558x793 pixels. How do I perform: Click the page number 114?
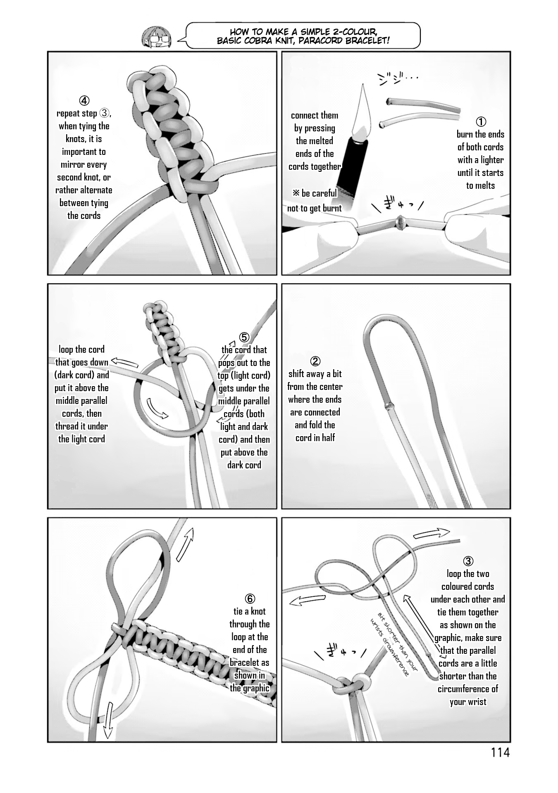pos(500,753)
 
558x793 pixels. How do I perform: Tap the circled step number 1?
pos(481,121)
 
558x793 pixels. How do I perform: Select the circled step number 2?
pos(315,361)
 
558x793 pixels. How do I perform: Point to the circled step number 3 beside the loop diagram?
pos(468,561)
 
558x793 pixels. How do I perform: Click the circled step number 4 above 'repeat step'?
pos(84,100)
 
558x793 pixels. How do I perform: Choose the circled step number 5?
pos(244,337)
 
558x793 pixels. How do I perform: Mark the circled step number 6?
pos(250,598)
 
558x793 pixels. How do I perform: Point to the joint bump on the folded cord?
pos(387,406)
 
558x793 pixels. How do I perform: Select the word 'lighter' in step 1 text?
pos(491,160)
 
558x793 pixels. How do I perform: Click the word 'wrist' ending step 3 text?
pos(476,702)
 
